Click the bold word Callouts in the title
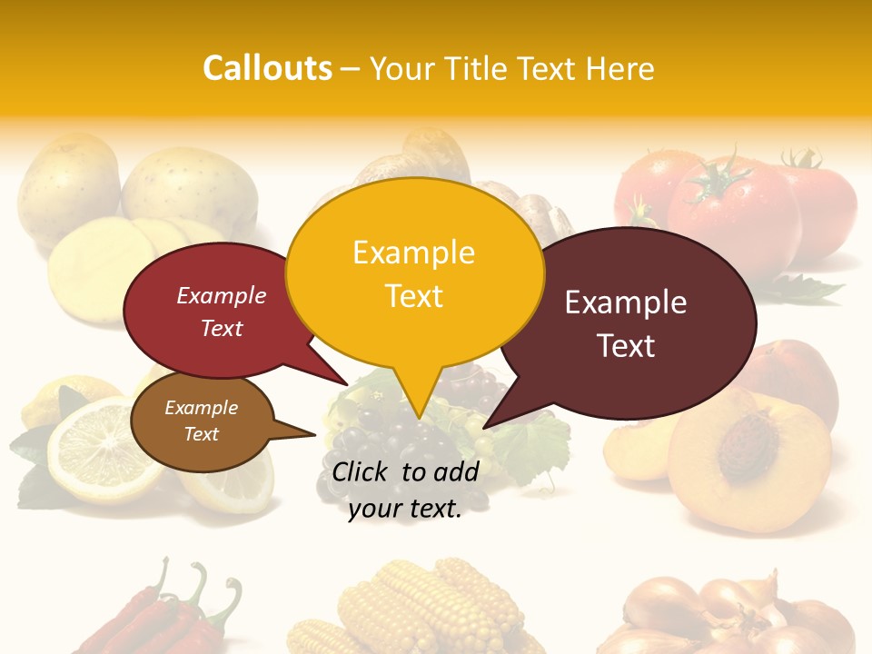267,68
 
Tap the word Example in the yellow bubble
413,253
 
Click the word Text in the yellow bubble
413,296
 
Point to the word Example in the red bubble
222,295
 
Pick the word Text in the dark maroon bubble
626,346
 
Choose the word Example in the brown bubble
201,408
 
